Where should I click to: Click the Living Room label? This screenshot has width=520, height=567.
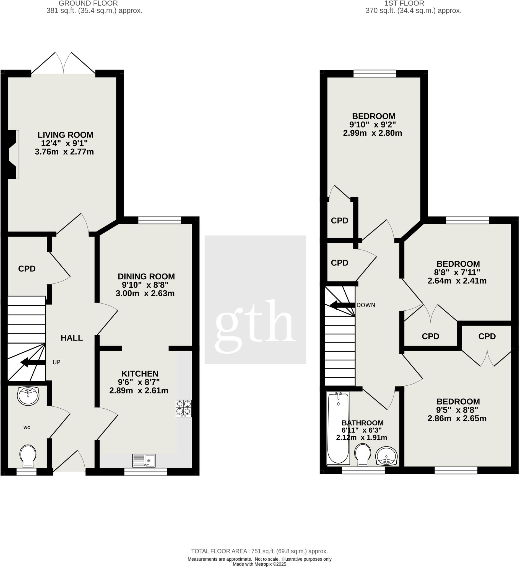coord(66,135)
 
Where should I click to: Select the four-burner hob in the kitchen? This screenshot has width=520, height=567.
coord(184,408)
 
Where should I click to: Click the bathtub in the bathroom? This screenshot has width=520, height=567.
coord(338,428)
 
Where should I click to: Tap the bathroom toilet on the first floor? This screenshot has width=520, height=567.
coord(362,455)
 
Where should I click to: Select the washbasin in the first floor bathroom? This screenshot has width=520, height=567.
coord(386,456)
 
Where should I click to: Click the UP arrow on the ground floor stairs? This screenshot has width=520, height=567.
coord(33,362)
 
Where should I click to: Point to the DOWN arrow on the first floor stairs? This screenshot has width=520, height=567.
coord(342,305)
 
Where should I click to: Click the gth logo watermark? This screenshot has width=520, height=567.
coord(255,326)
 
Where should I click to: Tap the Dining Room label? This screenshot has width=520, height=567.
coord(146,276)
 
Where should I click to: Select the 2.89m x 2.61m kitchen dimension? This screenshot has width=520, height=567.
coord(139,390)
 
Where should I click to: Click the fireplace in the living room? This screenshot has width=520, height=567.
coord(13,154)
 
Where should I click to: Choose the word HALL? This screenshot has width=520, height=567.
coord(72,338)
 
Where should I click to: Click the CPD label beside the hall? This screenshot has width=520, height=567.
coord(27,269)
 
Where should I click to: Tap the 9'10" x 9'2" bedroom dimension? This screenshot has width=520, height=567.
coord(373,125)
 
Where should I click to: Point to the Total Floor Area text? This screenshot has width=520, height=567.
coord(259,551)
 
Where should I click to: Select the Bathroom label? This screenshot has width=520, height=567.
coord(362,423)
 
